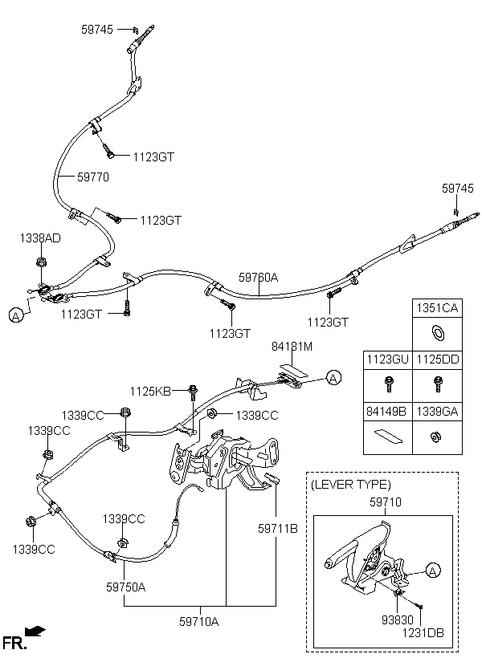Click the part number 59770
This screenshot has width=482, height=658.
point(93,177)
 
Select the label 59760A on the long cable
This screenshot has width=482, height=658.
point(258,278)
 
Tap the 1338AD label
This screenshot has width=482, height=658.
point(40,238)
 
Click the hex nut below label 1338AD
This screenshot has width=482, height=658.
point(41,262)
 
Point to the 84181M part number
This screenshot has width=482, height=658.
point(292,347)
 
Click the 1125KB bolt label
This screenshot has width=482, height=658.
point(150,392)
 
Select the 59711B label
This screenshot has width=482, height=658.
point(278,529)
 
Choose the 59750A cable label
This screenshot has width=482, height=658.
point(125,587)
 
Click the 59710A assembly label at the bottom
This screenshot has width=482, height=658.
point(199,622)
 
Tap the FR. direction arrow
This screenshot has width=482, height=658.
point(35,630)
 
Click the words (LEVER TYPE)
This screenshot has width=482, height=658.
point(351,485)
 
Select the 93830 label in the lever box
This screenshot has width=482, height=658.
point(397,619)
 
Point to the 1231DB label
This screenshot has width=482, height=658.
point(423,633)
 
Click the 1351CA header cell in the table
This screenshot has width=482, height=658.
point(437,308)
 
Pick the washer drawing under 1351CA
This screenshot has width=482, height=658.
point(438,334)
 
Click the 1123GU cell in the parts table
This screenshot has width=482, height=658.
point(387,360)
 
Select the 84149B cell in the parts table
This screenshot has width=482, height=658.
point(387,412)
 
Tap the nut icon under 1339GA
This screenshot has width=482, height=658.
point(436,437)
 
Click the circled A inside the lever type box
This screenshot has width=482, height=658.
point(432,571)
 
